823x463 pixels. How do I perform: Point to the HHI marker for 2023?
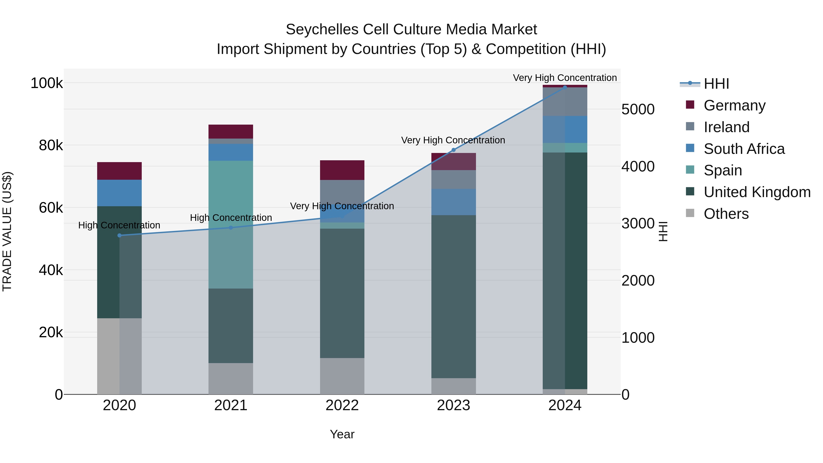click(453, 150)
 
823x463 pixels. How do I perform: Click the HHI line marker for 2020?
click(120, 236)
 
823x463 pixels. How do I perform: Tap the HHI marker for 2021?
click(231, 228)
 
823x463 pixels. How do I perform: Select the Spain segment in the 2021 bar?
click(231, 224)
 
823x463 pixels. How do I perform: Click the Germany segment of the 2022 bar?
click(342, 170)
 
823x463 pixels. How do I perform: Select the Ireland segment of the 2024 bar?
click(565, 102)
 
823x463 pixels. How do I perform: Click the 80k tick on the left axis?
click(51, 145)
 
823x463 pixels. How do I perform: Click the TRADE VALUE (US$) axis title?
click(7, 231)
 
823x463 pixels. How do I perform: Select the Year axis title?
click(342, 434)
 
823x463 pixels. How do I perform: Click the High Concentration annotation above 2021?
click(231, 218)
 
